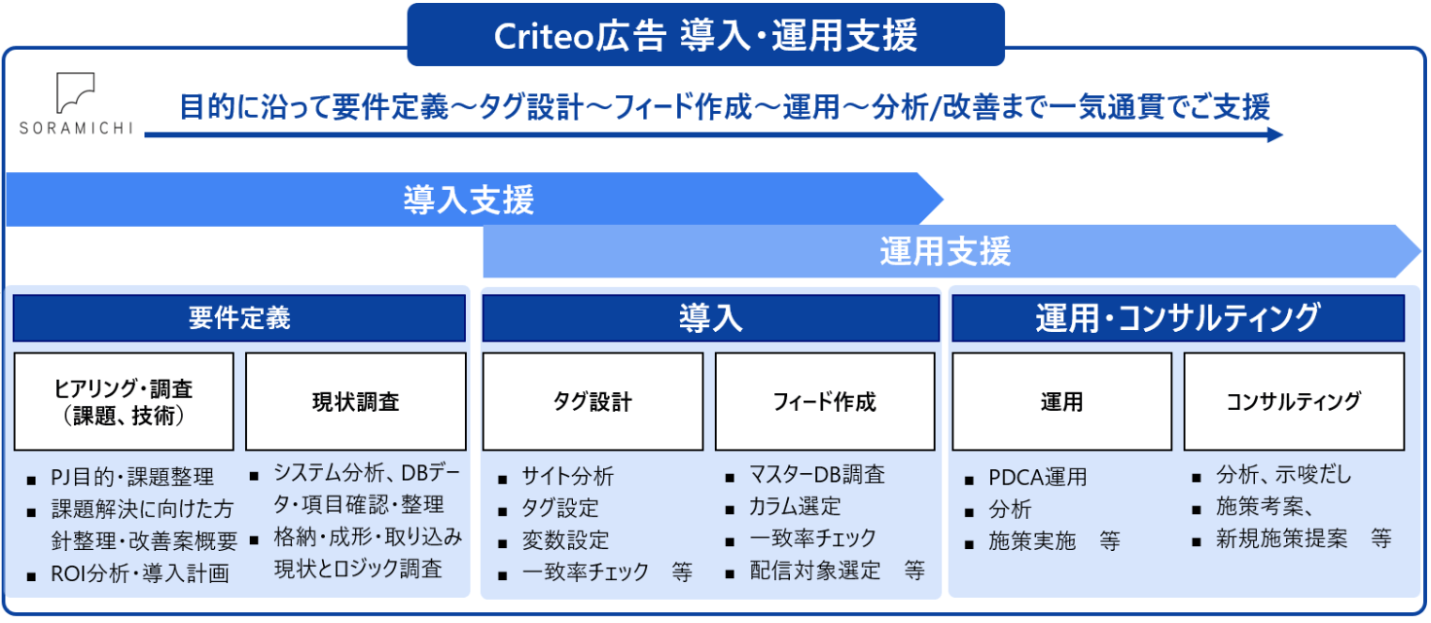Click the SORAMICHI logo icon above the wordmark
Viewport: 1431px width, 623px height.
(75, 92)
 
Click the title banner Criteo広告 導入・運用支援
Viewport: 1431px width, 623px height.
(705, 35)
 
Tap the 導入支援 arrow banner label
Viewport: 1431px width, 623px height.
(468, 200)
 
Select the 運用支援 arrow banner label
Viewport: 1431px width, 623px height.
(946, 251)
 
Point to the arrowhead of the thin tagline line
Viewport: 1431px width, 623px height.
(1275, 135)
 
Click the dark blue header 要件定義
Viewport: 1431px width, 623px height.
(239, 317)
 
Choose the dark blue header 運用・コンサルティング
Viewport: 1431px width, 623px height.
(1178, 317)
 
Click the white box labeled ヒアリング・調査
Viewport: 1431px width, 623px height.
(124, 402)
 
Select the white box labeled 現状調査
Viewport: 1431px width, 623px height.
(356, 402)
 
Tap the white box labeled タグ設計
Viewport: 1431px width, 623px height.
(592, 402)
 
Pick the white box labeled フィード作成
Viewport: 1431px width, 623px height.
(825, 402)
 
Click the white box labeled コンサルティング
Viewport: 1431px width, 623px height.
(1294, 402)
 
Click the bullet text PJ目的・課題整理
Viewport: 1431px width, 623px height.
(132, 477)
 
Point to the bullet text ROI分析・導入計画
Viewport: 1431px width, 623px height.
(140, 573)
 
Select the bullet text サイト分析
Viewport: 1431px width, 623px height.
(567, 476)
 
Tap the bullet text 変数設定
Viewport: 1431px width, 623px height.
(565, 540)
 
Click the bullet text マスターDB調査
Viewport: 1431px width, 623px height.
(817, 475)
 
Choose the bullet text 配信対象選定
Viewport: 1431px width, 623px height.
(815, 570)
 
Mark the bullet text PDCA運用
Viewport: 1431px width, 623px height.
(1037, 477)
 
